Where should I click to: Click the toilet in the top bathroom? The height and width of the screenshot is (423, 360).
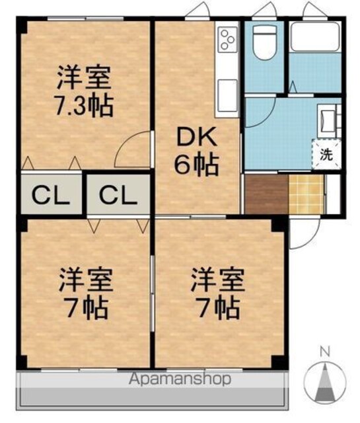pyautogui.click(x=265, y=42)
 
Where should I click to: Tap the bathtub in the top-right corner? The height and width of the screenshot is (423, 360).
pyautogui.click(x=316, y=37)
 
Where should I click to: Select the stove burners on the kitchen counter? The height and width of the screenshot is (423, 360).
pyautogui.click(x=227, y=40)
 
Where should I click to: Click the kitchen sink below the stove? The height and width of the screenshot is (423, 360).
pyautogui.click(x=227, y=95)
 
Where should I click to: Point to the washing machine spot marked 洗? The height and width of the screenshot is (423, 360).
pyautogui.click(x=326, y=155)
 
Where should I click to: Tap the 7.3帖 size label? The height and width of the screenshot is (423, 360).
pyautogui.click(x=84, y=105)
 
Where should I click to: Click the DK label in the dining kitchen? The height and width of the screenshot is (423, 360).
pyautogui.click(x=196, y=137)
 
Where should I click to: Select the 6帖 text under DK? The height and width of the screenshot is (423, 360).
pyautogui.click(x=196, y=165)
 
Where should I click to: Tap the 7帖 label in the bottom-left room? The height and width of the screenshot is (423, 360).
pyautogui.click(x=87, y=308)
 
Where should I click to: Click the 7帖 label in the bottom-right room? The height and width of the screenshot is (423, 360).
pyautogui.click(x=219, y=308)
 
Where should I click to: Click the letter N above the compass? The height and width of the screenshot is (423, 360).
pyautogui.click(x=325, y=352)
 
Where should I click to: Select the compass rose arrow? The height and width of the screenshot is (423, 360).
pyautogui.click(x=325, y=381)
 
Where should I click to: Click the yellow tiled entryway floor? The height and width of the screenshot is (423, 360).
pyautogui.click(x=306, y=194)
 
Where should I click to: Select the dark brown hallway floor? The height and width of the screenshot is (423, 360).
pyautogui.click(x=266, y=194)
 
